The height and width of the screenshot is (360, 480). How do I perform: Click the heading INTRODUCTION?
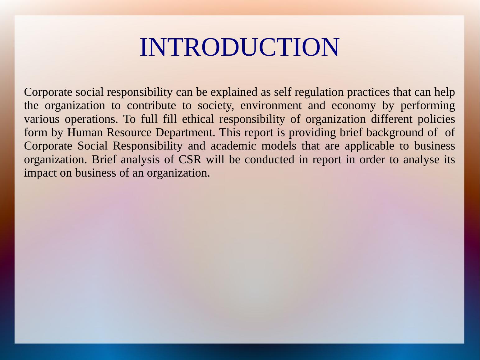239,47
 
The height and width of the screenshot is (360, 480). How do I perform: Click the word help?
445,92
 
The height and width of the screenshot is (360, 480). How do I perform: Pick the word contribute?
151,106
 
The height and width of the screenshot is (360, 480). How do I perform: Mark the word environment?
271,106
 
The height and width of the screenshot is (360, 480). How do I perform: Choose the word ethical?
198,119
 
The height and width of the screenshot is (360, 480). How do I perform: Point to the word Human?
85,133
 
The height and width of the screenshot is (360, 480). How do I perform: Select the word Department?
185,133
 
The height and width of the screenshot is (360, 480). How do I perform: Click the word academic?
233,146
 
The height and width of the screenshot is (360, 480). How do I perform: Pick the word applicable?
370,146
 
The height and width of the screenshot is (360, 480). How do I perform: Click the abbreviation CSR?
190,159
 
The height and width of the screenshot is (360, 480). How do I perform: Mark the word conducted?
270,159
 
